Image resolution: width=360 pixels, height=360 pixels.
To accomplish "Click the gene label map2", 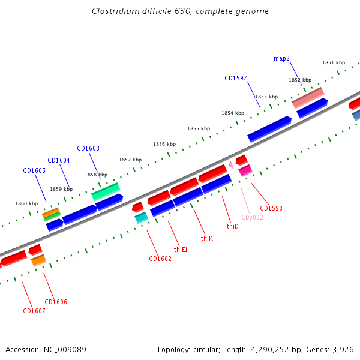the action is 282,58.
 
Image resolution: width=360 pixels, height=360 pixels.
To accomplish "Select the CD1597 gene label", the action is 236,78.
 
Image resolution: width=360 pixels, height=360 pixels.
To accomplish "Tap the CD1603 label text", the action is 88,148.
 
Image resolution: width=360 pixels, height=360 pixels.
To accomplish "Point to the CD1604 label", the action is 59,160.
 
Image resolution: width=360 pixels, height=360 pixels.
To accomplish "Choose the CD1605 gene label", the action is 34,170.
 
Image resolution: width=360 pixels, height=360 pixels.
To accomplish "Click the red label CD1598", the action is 271,208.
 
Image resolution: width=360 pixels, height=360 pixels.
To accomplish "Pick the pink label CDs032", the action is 253,217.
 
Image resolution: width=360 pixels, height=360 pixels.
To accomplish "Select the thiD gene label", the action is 232,226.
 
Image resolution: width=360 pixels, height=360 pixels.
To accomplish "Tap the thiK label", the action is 207,238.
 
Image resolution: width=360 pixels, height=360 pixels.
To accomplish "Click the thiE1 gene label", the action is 181,249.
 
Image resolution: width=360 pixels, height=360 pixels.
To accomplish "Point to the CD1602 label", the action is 160,259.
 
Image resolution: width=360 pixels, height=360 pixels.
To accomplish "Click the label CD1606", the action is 56,302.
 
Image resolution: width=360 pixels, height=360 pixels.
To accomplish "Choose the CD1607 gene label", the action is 34,311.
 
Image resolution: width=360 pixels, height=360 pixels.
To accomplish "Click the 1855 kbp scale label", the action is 199,128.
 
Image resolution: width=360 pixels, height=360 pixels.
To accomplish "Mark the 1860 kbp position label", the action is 26,203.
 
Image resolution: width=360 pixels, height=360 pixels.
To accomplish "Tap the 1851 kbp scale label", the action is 334,62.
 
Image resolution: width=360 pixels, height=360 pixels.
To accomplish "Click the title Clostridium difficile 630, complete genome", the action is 180,11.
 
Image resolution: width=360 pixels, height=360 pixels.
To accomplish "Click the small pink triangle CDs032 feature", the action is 231,164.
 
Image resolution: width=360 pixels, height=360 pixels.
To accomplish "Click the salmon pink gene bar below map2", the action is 308,98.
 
